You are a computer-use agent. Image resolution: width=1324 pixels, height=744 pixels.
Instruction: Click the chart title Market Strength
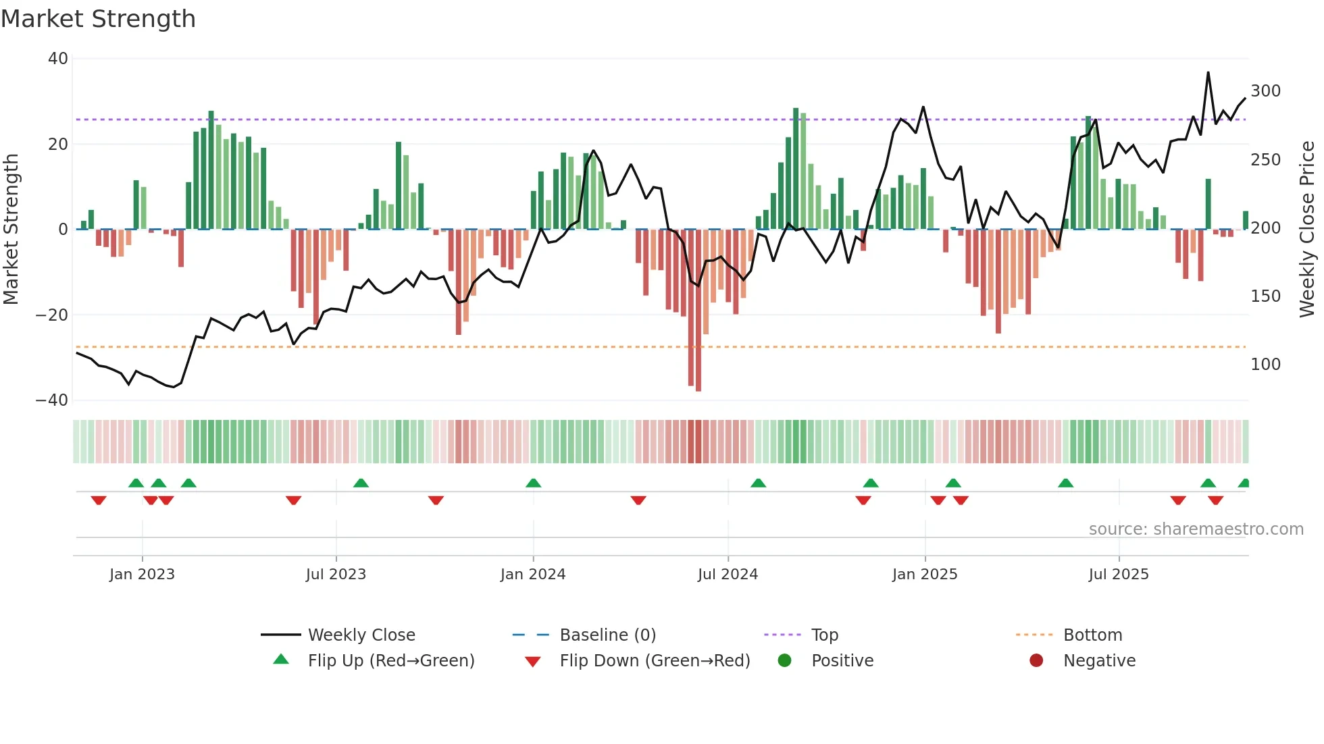click(x=98, y=19)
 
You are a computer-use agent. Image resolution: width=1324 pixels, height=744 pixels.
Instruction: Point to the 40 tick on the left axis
click(x=58, y=59)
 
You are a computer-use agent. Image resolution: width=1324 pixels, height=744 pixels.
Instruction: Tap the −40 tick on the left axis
click(x=52, y=400)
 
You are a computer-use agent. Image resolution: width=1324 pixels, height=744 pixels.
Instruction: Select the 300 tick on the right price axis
click(x=1265, y=91)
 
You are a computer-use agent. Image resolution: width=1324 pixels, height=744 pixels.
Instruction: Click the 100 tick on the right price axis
click(x=1265, y=365)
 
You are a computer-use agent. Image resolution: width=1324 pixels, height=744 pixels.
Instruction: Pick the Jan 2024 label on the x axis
click(x=533, y=575)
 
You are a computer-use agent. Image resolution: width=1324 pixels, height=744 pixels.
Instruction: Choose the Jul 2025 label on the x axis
click(x=1119, y=575)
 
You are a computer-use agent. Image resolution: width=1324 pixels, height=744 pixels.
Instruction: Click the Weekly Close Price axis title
click(x=1307, y=230)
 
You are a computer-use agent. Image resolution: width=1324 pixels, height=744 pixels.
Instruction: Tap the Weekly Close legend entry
click(x=361, y=635)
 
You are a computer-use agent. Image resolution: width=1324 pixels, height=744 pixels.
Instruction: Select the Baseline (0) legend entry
click(x=607, y=635)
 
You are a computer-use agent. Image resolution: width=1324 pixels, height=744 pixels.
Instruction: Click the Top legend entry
click(x=824, y=635)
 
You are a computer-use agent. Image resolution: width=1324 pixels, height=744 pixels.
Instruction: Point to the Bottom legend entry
click(x=1092, y=635)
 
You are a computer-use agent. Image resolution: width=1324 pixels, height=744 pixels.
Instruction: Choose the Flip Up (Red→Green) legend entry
click(x=391, y=661)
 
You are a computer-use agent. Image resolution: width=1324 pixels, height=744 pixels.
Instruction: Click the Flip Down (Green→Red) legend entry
click(x=655, y=661)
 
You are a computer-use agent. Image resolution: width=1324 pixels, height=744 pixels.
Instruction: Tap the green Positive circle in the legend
click(x=784, y=660)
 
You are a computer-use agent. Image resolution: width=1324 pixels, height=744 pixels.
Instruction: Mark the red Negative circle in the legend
click(x=1036, y=660)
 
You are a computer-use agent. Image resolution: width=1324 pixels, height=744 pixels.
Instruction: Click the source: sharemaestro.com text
click(x=1196, y=529)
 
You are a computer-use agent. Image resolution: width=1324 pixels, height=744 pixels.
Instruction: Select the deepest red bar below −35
click(x=698, y=311)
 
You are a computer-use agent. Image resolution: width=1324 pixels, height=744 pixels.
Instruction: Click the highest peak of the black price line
click(x=1208, y=73)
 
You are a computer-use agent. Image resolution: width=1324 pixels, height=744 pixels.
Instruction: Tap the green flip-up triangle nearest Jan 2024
click(x=533, y=483)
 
